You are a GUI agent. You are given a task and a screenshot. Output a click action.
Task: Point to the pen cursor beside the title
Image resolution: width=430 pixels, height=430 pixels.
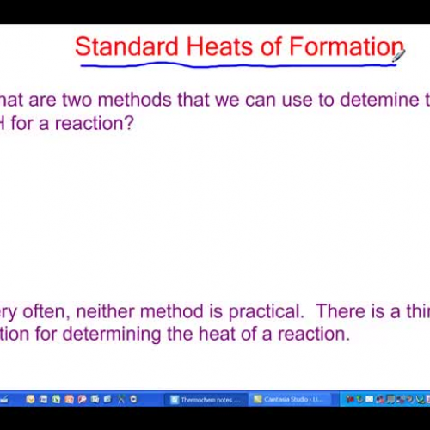(399, 56)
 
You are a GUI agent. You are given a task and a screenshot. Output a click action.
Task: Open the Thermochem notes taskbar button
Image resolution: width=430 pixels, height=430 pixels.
(206, 400)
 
